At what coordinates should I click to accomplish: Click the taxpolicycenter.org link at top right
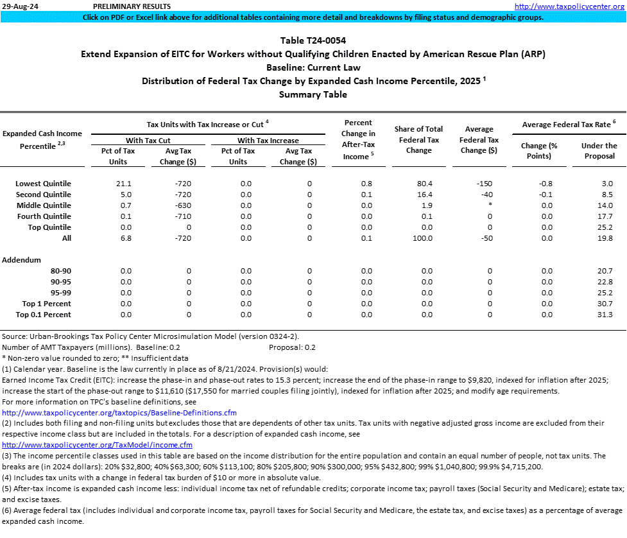pos(570,6)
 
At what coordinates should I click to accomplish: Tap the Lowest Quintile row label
pos(43,184)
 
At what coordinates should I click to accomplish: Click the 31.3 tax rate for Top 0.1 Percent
pos(605,315)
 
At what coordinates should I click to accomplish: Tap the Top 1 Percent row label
pos(46,304)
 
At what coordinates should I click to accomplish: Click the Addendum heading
pos(21,260)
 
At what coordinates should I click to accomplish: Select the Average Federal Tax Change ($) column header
pos(479,139)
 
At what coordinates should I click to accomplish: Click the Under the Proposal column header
pos(599,150)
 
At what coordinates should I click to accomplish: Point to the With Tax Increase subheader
pos(268,141)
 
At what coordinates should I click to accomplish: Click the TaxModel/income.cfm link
pos(98,445)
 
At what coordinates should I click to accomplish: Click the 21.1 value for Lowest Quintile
pos(125,184)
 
